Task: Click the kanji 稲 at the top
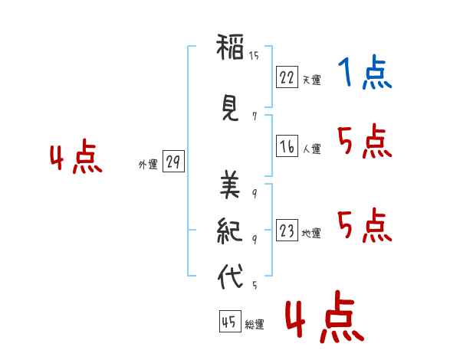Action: coord(230,47)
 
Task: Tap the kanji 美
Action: coord(230,185)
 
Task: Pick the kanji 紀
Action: coord(230,231)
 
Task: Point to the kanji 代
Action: coord(230,277)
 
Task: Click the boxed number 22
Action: coord(287,77)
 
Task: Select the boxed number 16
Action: coord(287,146)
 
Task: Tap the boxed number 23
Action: coord(287,230)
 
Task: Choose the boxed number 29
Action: coord(173,162)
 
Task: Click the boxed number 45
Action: coord(230,321)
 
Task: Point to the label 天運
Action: coord(311,80)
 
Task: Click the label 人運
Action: coord(311,149)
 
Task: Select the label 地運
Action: coord(311,233)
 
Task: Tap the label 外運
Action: coord(148,165)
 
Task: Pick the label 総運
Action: coord(255,324)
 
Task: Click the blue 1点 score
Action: coord(365,72)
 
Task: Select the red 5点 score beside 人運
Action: coord(365,141)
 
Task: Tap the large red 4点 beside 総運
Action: coord(325,317)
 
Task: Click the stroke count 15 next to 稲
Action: coord(254,55)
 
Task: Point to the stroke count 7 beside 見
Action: coord(255,116)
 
